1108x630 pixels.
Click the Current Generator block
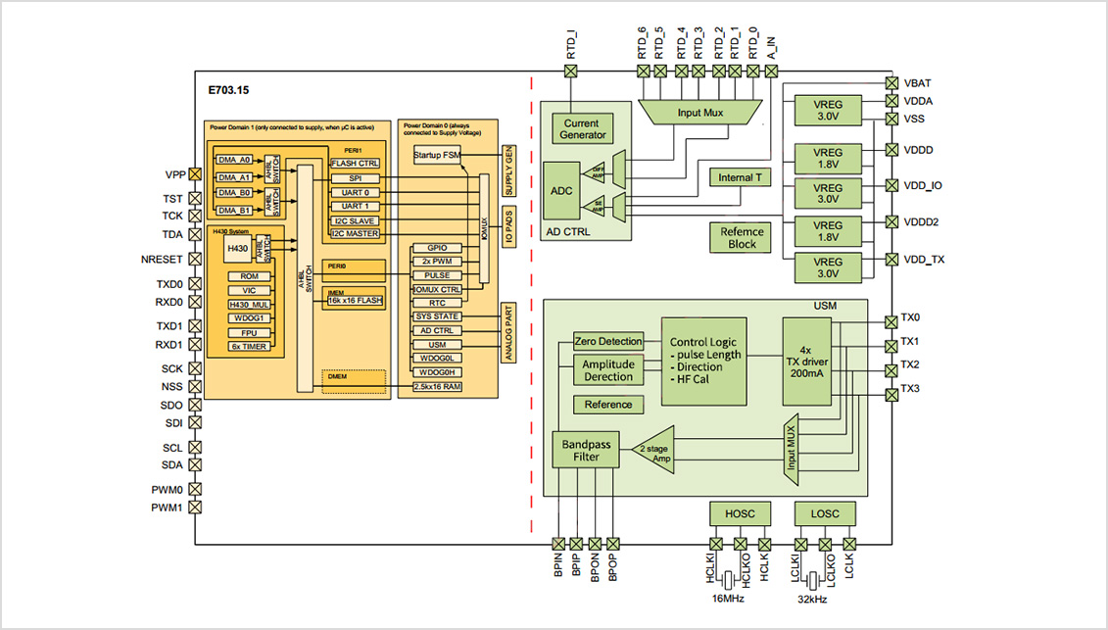(x=584, y=128)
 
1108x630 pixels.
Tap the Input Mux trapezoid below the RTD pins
(x=700, y=113)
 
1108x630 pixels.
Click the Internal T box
(x=740, y=178)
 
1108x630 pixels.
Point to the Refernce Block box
(x=742, y=237)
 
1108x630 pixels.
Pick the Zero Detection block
(x=607, y=341)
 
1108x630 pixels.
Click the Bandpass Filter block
(x=586, y=452)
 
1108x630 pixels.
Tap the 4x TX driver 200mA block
(x=805, y=362)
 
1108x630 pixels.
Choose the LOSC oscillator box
(x=826, y=513)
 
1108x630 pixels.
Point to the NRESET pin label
(x=162, y=260)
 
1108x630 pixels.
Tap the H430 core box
(x=237, y=250)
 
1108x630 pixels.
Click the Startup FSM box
(x=436, y=156)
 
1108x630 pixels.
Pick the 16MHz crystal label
(x=728, y=598)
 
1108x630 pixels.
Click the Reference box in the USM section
(x=608, y=405)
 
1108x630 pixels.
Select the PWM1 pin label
(x=167, y=508)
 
